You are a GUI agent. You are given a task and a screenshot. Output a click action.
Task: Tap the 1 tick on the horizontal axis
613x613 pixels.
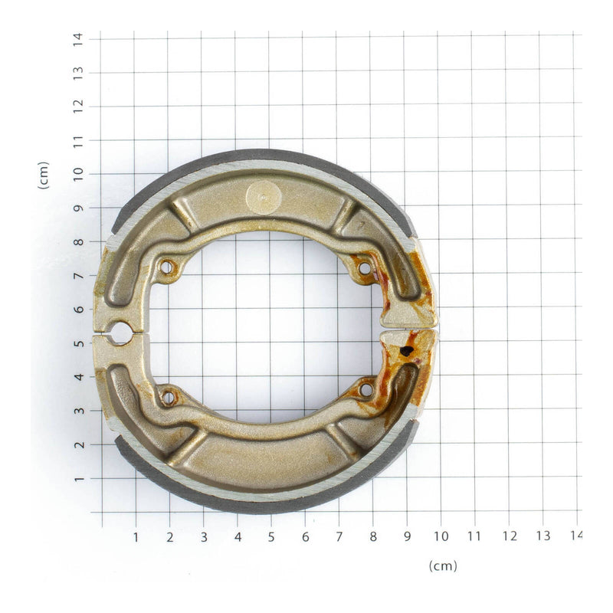[x=136, y=536]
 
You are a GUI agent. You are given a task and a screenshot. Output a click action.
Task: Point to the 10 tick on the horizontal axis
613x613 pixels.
[x=441, y=536]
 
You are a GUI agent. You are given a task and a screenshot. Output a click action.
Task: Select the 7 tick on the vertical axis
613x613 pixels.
[x=77, y=276]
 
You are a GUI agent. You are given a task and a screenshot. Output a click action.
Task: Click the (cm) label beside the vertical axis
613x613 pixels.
[x=44, y=175]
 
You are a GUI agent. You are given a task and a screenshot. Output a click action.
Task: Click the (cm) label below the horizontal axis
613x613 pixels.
[x=442, y=566]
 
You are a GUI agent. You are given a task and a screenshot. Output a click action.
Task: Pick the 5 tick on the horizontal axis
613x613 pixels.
[x=270, y=536]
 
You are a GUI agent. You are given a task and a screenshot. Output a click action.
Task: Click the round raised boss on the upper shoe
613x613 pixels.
[x=264, y=198]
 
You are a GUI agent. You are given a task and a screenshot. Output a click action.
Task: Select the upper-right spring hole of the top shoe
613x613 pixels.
[x=364, y=268]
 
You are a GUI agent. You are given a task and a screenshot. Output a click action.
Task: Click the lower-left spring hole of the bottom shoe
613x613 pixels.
[x=168, y=396]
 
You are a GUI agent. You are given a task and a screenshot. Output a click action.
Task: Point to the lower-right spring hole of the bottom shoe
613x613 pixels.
[x=366, y=390]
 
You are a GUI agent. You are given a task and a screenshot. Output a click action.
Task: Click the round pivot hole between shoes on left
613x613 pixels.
[x=122, y=332]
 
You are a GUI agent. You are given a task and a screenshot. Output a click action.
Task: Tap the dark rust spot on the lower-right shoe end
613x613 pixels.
[x=407, y=352]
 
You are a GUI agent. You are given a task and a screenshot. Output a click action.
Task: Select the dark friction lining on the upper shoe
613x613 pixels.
[x=261, y=156]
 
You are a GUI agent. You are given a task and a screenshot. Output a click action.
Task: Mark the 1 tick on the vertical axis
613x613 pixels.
[x=77, y=479]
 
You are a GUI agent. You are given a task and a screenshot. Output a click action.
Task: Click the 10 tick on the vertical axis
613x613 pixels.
[x=77, y=174]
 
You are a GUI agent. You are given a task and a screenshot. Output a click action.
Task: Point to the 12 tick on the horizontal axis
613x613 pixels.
[x=509, y=536]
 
